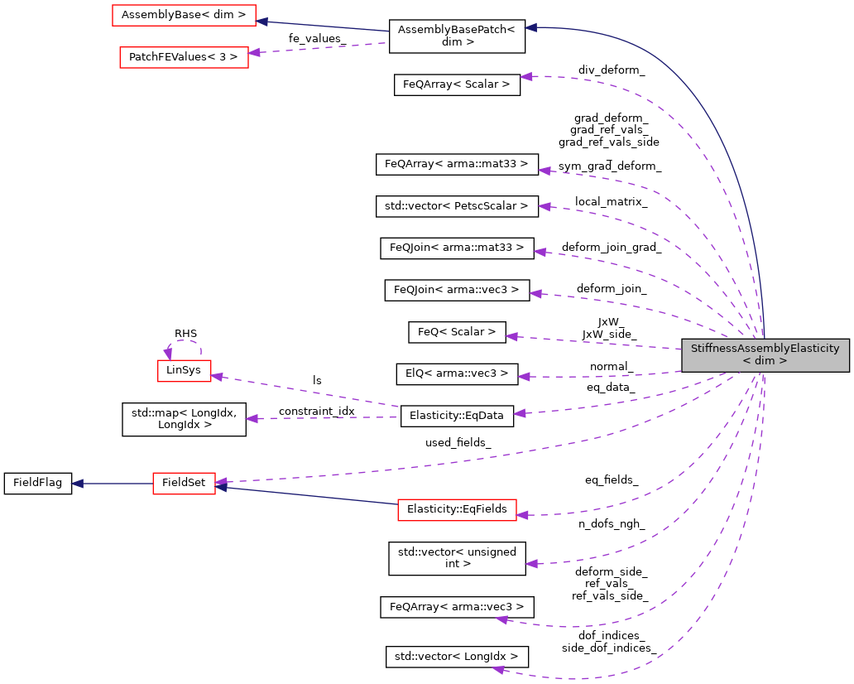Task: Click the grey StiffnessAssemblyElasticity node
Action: click(x=765, y=354)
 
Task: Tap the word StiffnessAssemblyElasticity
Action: click(x=765, y=349)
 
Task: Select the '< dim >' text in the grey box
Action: click(x=765, y=361)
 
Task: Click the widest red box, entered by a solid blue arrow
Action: click(x=184, y=15)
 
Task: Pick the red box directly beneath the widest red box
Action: click(x=184, y=57)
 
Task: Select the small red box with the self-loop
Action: click(x=185, y=371)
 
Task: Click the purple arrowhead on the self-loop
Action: click(x=168, y=354)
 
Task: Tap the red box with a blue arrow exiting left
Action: click(x=184, y=484)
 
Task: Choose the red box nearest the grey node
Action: click(x=457, y=510)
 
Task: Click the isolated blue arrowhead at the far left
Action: click(x=77, y=484)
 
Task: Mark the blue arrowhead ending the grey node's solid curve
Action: click(x=530, y=27)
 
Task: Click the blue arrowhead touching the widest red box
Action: click(x=261, y=22)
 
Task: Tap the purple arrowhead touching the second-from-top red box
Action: click(x=254, y=52)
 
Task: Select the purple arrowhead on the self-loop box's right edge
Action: click(x=216, y=377)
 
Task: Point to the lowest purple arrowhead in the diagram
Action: click(x=497, y=669)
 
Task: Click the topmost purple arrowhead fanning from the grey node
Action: click(x=525, y=76)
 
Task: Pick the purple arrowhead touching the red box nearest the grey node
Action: click(x=522, y=515)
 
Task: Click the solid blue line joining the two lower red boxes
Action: click(x=306, y=495)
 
